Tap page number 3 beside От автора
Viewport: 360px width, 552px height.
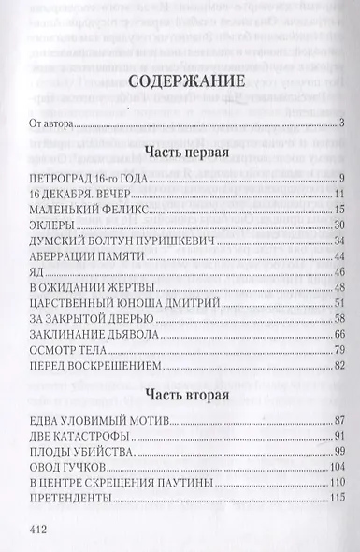point(343,122)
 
